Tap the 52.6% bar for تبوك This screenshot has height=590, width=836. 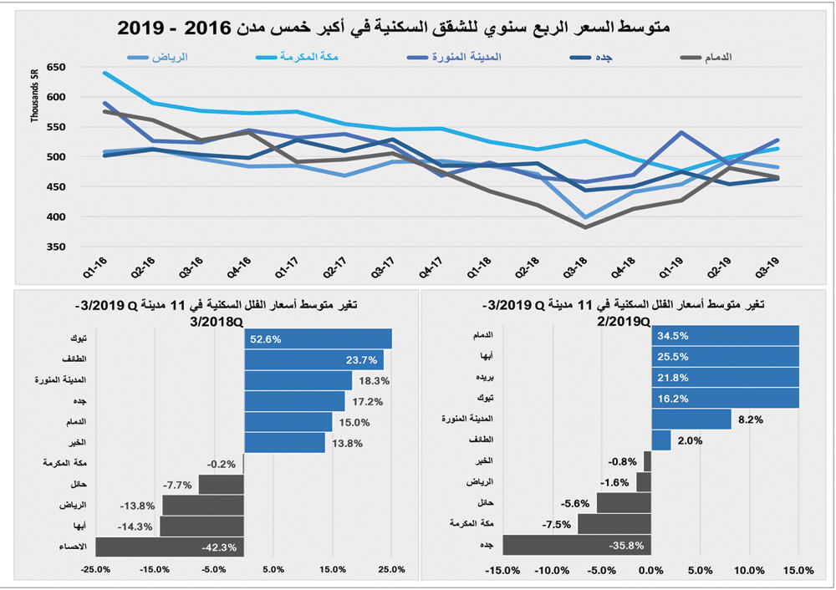(318, 338)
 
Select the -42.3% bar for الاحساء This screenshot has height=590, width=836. (170, 547)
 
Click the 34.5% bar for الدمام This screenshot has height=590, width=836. (725, 335)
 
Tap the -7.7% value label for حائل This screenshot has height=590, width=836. (178, 485)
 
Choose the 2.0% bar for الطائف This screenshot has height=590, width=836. (660, 440)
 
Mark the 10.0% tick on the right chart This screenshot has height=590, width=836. (749, 571)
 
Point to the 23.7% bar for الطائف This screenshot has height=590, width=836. (313, 359)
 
